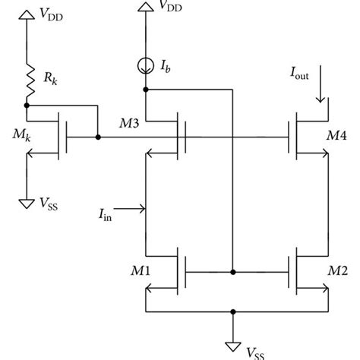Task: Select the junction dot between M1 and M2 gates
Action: point(234,271)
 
